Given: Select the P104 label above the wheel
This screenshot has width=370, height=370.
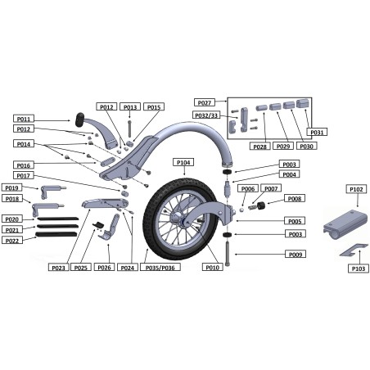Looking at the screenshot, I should coord(183,163).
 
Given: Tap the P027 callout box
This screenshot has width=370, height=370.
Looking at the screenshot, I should coord(205,102).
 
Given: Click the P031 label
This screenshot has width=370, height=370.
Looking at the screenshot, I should coord(316,132).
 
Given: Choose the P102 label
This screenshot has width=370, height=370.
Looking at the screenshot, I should coord(355,189).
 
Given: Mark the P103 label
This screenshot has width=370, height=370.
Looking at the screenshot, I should coord(357,268).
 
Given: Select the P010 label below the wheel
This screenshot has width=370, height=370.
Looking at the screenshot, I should coord(212,268).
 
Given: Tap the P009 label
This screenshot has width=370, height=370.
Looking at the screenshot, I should coord(295,255).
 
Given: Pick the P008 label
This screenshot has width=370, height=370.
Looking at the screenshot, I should coord(295,199).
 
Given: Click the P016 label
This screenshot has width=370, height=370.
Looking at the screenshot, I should coord(23,165).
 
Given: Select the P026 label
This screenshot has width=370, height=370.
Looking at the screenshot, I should coord(104,268).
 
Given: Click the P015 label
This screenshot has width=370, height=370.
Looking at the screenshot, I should coord(154,107).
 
